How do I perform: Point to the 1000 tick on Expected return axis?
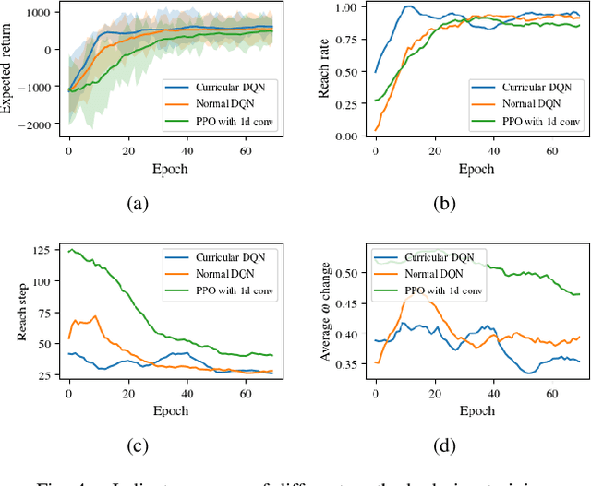[41, 12]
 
